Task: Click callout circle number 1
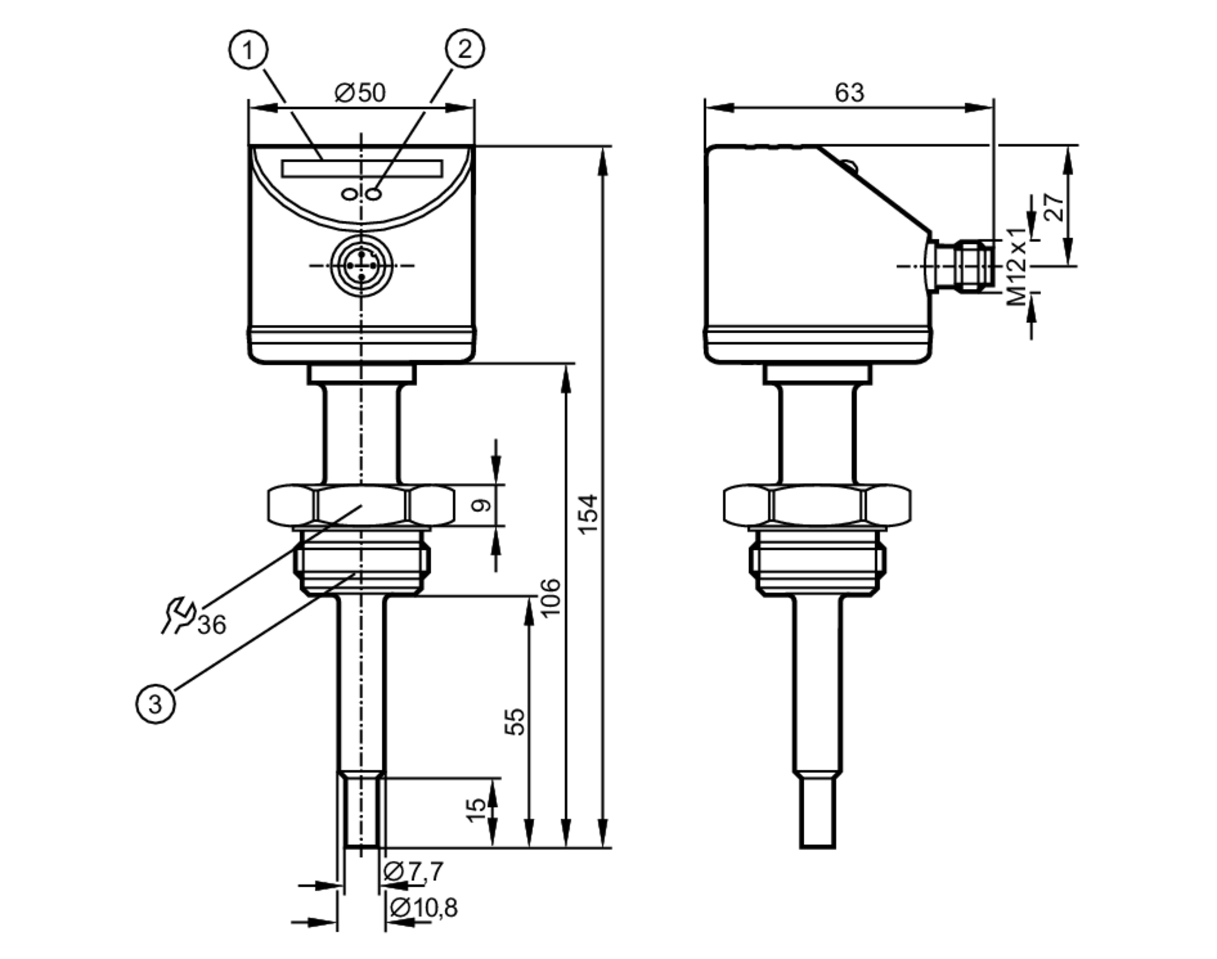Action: click(248, 50)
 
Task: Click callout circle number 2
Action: click(465, 49)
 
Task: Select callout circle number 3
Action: click(155, 704)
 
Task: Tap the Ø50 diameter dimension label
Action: click(360, 93)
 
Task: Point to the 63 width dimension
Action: click(849, 93)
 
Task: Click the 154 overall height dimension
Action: click(588, 514)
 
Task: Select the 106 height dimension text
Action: click(550, 598)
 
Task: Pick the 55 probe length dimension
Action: click(515, 721)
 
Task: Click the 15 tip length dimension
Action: click(476, 810)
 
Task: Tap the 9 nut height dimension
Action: click(482, 505)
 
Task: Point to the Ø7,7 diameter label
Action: click(414, 871)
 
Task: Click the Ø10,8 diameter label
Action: click(424, 908)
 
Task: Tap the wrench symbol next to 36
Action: click(178, 615)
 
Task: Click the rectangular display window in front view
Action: click(362, 168)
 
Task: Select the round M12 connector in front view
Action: click(362, 266)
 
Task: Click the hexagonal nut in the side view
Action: click(817, 505)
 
